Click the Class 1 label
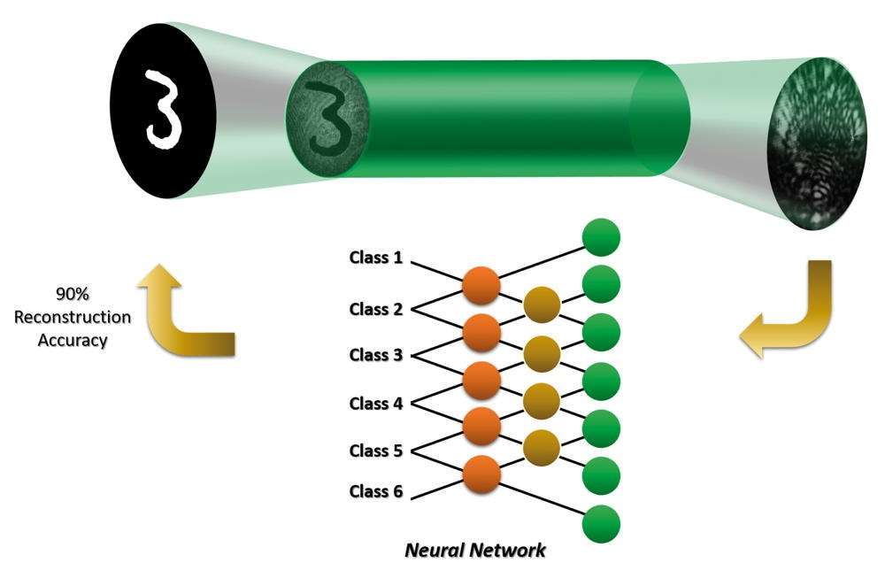tap(376, 258)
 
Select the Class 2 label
tap(376, 309)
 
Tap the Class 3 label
tap(376, 355)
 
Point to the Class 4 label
tap(376, 404)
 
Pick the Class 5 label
tap(376, 451)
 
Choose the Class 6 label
tap(376, 491)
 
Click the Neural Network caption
tap(475, 550)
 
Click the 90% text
tap(73, 294)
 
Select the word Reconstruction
tap(73, 317)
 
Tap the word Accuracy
tap(73, 341)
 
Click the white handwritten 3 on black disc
tap(162, 109)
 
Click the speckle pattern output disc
tap(818, 143)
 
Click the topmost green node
tap(601, 237)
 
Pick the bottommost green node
tap(601, 524)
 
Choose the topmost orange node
tap(481, 286)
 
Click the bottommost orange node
tap(481, 474)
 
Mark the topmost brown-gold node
tap(542, 304)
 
